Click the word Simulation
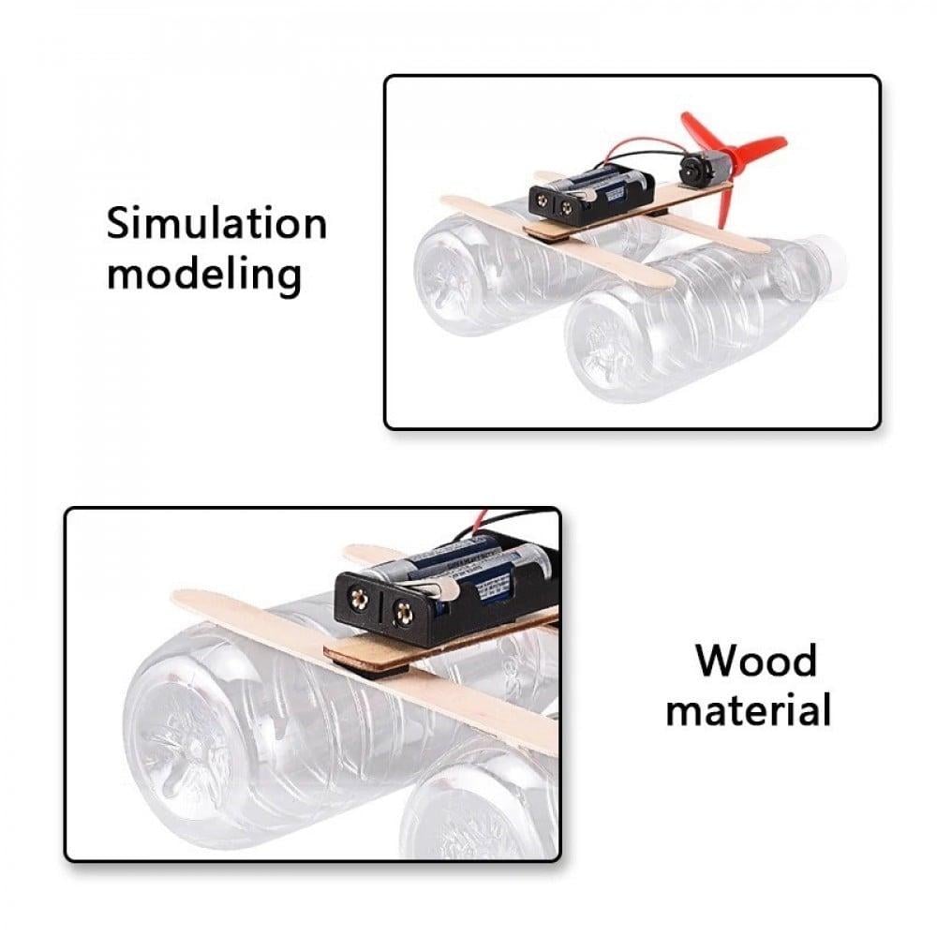click(216, 224)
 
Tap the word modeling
click(204, 275)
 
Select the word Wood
click(755, 661)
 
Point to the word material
click(748, 710)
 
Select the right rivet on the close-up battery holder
click(404, 615)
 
